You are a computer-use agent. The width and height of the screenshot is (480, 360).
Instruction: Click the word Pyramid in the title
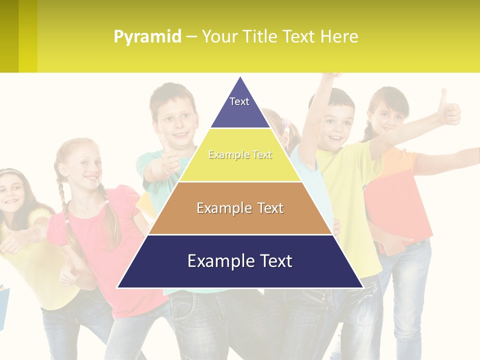147,37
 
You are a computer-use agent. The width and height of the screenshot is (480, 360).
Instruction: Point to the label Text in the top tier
239,101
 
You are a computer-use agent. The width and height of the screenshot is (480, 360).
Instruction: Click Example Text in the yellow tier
240,155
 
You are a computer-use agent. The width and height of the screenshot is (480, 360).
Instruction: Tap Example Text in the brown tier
240,208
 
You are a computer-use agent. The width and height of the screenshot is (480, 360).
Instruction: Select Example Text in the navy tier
240,261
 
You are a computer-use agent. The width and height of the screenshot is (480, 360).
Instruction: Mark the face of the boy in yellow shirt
337,125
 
